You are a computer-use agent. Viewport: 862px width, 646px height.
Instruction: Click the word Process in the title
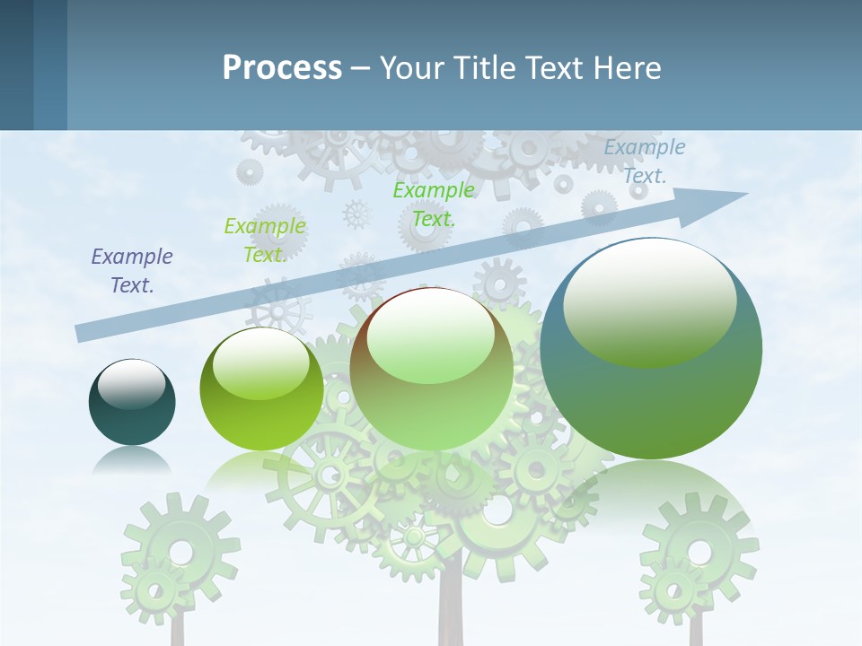[x=282, y=68]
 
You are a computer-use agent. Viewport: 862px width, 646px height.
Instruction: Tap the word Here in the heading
[x=626, y=68]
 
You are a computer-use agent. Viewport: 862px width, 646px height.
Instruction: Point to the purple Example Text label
[x=132, y=271]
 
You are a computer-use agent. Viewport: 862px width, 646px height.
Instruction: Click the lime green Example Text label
[x=265, y=240]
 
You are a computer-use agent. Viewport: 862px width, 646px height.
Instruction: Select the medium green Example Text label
[x=434, y=204]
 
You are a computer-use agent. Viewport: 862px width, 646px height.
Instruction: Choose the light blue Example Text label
[x=645, y=161]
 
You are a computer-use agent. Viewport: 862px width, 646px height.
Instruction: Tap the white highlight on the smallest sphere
[x=131, y=384]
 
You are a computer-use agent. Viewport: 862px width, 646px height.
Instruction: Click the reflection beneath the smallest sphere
[x=132, y=461]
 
